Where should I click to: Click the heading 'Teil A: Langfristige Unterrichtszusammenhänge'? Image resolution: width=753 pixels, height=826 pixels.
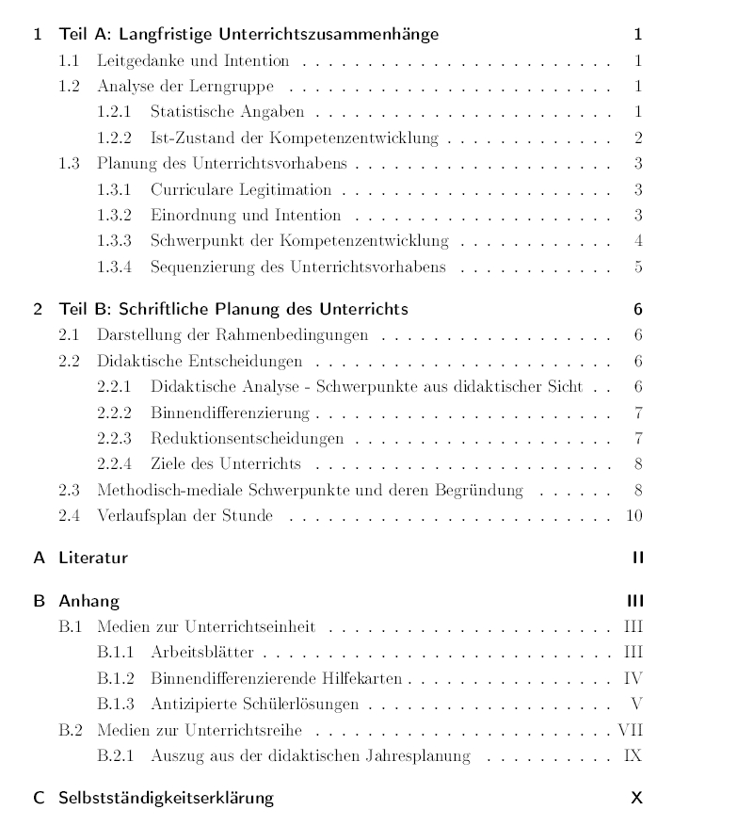248,36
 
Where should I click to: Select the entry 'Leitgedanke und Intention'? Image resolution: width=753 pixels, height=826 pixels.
192,61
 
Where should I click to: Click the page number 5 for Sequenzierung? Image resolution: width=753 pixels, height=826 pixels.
638,267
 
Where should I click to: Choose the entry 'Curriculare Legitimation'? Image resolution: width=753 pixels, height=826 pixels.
241,189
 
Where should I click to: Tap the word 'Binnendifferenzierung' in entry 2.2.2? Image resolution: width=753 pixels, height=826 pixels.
229,413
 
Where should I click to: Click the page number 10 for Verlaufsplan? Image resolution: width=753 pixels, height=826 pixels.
633,515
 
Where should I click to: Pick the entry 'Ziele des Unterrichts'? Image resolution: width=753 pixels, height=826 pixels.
225,463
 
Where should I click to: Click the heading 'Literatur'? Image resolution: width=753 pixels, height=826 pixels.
93,558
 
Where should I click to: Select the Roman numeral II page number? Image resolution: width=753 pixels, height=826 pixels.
638,558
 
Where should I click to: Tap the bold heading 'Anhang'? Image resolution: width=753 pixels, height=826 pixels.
88,601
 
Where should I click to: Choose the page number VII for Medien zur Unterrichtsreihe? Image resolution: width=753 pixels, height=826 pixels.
631,730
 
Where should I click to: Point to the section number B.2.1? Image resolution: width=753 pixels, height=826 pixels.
115,755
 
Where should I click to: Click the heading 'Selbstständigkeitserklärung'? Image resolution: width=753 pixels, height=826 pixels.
166,798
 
